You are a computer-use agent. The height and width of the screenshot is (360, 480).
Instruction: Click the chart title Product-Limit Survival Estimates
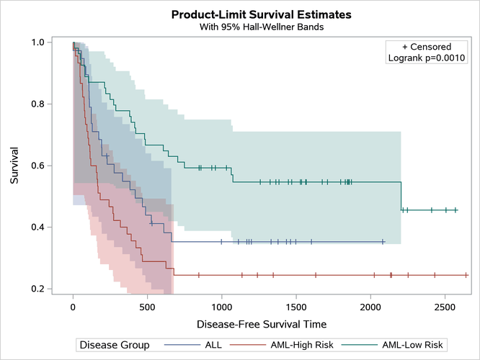240,14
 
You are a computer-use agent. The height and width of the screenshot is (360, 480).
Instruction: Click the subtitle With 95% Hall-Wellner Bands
240,27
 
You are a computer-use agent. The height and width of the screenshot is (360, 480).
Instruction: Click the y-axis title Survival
14,166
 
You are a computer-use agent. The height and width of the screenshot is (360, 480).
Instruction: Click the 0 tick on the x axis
73,305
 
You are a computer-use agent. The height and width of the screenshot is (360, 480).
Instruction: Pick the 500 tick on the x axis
147,305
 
